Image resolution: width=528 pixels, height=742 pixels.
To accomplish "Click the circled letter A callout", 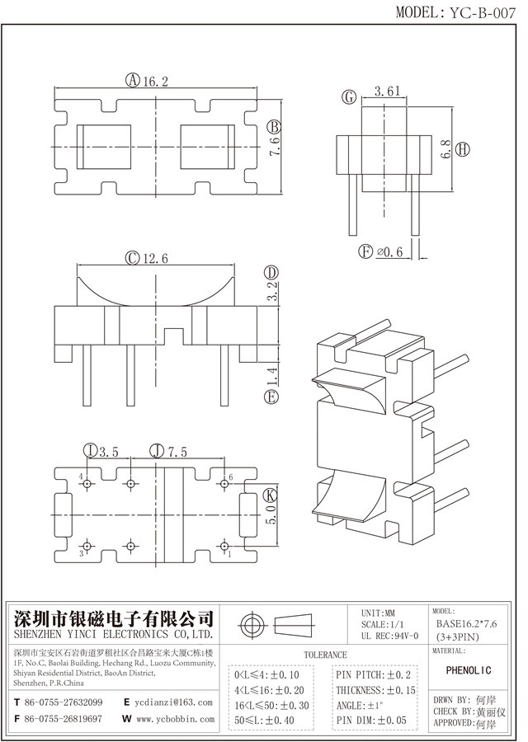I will (x=132, y=81).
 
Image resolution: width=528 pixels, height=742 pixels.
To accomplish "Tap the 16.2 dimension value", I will (x=155, y=81).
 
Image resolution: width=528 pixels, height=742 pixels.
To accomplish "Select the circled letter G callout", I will (x=350, y=97).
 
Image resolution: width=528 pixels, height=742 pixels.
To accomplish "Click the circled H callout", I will (x=464, y=149).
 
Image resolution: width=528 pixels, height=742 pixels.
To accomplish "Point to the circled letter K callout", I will (x=269, y=496).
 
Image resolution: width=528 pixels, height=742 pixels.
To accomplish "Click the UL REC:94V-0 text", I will (x=390, y=636).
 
